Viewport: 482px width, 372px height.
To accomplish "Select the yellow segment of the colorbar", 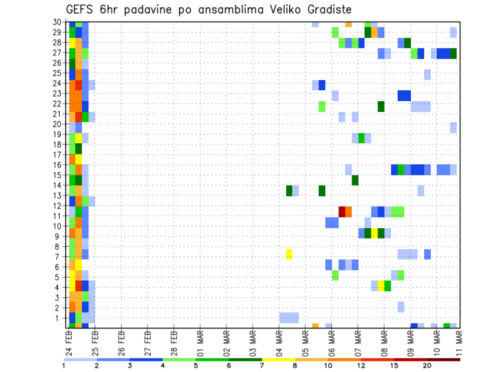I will [278, 359].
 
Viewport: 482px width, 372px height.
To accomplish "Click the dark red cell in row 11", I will [342, 212].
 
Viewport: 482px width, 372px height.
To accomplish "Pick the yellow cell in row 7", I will [289, 254].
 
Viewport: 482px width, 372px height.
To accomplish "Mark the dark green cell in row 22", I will [381, 106].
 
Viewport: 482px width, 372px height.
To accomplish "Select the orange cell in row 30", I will [348, 24].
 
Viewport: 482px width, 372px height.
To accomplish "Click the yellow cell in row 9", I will [375, 233].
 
